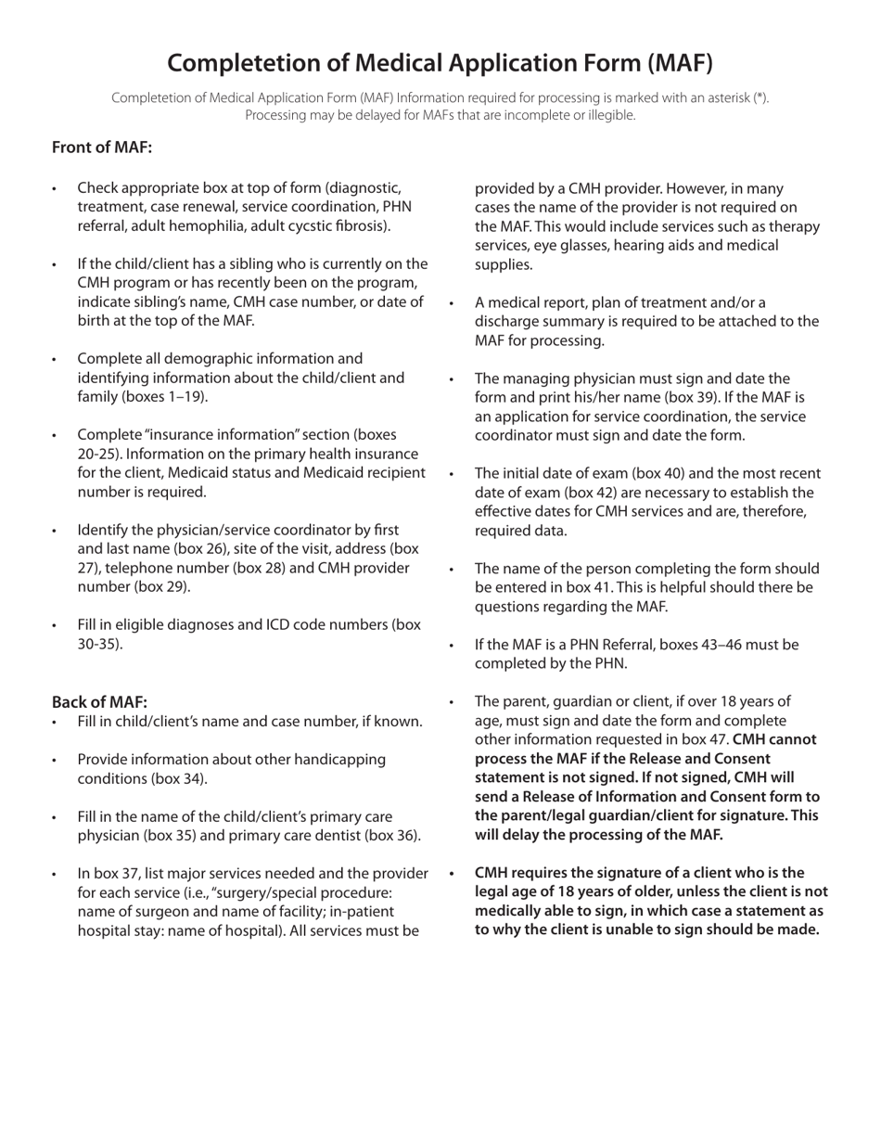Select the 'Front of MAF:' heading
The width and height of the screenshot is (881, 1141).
point(102,147)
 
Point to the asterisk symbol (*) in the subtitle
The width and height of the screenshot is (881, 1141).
point(760,97)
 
